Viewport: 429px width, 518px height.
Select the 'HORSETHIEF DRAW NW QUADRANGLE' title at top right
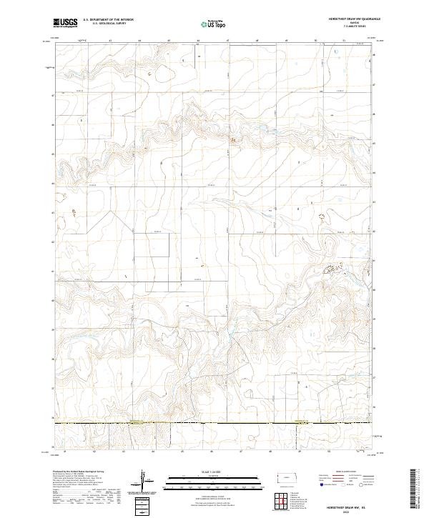click(x=350, y=19)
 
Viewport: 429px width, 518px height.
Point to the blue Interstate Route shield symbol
click(x=315, y=483)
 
